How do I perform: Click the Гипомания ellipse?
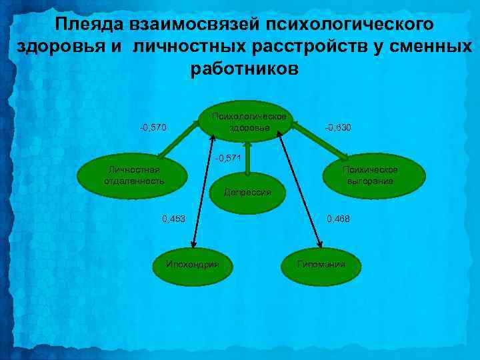322,264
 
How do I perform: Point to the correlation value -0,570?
153,127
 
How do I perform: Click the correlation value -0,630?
338,127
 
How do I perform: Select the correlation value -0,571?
228,159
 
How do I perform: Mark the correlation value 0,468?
337,219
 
